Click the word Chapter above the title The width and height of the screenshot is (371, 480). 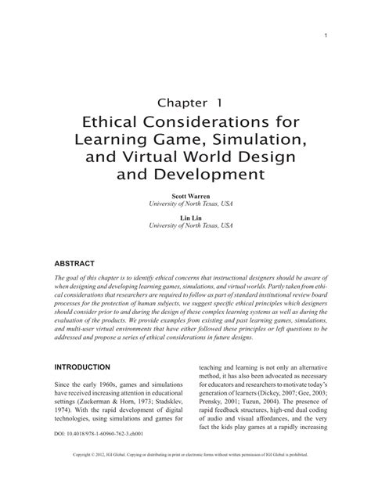(160, 103)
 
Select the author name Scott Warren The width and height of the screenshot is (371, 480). (185, 198)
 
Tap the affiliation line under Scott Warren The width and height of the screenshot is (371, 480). (185, 207)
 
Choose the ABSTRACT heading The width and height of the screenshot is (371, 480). (75, 264)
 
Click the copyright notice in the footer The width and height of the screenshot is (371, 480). (185, 475)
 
